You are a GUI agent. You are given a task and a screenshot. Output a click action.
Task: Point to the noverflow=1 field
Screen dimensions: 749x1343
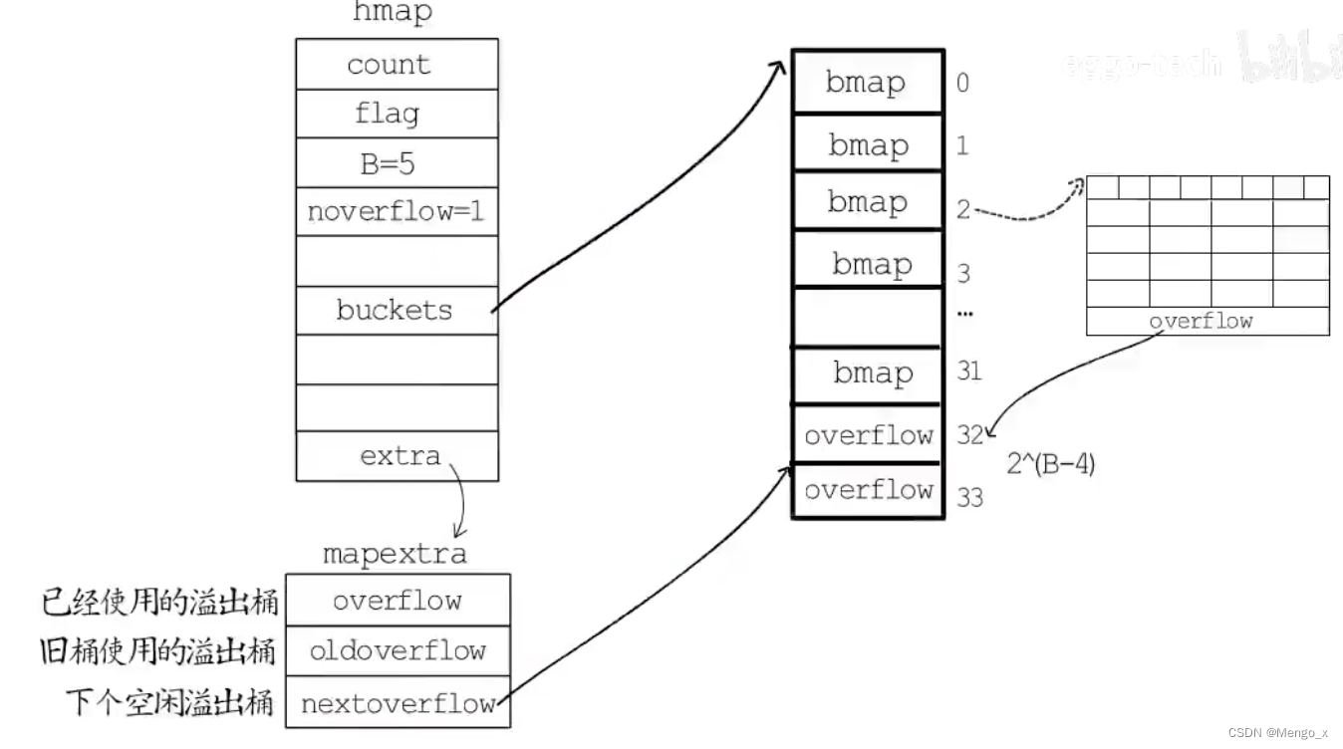coord(397,211)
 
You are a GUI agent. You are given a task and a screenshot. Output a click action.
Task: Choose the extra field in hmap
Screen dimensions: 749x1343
coord(399,456)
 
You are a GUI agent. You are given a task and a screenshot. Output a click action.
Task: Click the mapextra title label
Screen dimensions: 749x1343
coord(395,554)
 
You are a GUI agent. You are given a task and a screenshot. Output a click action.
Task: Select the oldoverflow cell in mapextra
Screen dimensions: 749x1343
coord(398,651)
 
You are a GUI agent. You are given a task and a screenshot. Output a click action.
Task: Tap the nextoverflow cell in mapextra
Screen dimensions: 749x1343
coord(398,703)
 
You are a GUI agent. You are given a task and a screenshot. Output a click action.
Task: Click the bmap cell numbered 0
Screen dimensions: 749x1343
coord(867,82)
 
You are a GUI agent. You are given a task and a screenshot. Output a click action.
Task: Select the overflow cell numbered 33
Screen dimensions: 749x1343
coord(867,490)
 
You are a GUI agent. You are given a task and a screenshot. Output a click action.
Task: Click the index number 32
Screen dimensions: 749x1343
coord(969,434)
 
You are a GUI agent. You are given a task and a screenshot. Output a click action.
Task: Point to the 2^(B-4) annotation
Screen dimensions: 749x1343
coord(1050,463)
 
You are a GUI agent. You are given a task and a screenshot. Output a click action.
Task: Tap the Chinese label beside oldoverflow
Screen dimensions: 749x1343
coord(157,651)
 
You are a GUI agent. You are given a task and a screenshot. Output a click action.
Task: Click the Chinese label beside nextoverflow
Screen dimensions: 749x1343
coord(170,703)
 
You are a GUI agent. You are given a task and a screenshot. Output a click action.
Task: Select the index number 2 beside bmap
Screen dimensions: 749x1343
coord(963,209)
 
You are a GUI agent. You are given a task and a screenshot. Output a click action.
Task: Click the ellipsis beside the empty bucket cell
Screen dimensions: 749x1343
coord(964,313)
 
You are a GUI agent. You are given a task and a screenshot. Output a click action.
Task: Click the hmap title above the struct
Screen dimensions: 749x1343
coord(393,13)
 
